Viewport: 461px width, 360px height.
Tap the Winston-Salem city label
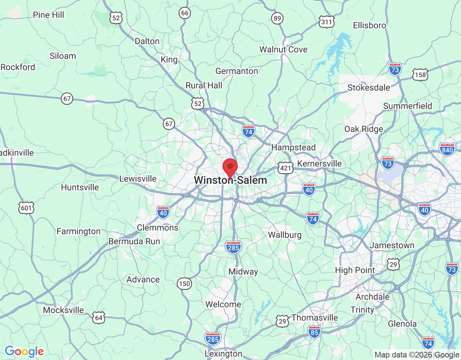[x=230, y=180]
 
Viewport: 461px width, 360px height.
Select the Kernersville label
[x=319, y=164]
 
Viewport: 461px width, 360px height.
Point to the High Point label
[x=355, y=270]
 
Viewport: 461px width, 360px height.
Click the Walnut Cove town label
[x=283, y=50]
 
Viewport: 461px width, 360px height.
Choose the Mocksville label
[x=63, y=310]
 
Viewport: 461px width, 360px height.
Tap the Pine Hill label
[x=48, y=15]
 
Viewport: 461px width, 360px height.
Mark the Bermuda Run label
[x=134, y=242]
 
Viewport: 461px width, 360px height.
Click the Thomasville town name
[x=315, y=318]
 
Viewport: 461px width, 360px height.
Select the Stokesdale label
[x=368, y=88]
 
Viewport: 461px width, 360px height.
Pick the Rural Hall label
[x=204, y=86]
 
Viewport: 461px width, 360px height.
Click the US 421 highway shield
[x=285, y=168]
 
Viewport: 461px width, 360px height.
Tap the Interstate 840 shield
[x=447, y=150]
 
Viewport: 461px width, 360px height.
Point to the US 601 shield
[x=26, y=208]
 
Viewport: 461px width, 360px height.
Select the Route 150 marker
[x=184, y=284]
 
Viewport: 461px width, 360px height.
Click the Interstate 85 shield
[x=314, y=332]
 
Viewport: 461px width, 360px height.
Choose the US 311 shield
[x=326, y=22]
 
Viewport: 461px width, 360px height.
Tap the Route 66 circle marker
[x=185, y=13]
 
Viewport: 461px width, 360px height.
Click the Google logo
[x=24, y=351]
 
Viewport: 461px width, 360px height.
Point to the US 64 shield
[x=99, y=318]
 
